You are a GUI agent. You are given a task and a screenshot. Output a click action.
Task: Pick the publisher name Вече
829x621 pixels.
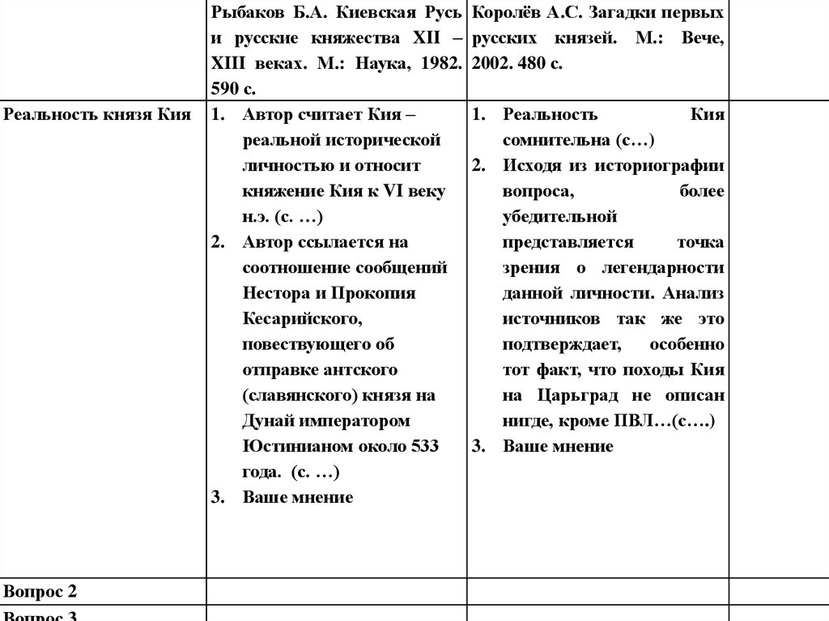point(703,39)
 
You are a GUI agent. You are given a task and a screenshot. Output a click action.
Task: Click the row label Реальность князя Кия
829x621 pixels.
point(97,115)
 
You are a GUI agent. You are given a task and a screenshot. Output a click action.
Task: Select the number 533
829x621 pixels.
point(424,446)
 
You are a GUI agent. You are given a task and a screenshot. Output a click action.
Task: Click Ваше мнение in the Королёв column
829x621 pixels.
point(558,446)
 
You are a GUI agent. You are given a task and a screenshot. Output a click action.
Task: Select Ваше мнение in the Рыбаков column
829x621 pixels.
point(298,497)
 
